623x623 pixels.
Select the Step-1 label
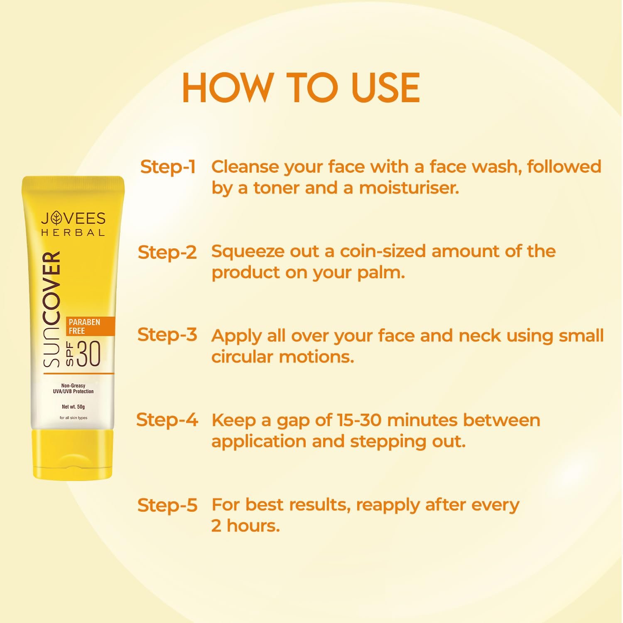[168, 167]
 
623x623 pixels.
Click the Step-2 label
[167, 252]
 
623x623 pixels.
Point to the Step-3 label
[167, 335]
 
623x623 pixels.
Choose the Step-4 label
[167, 419]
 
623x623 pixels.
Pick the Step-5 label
[167, 505]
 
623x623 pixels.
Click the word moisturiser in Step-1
[409, 188]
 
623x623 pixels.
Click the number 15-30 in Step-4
[359, 420]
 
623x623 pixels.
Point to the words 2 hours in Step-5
[245, 525]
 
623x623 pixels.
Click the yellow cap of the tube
[73, 454]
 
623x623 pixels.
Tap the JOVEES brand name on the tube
[73, 218]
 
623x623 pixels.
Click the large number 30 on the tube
[88, 354]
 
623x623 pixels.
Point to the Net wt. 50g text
[73, 407]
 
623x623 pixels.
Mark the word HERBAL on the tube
[73, 233]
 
